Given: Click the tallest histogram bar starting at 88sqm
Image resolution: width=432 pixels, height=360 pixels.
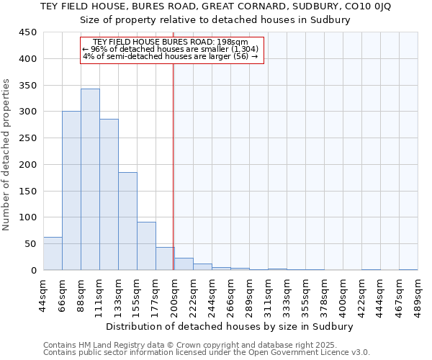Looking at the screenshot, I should point(90,179).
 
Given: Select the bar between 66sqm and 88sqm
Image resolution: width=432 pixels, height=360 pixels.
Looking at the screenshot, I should point(71,191).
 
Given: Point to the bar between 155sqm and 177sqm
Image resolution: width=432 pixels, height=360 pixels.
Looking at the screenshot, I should point(146,246).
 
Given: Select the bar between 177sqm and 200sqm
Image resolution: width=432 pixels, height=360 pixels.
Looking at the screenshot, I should point(165,258).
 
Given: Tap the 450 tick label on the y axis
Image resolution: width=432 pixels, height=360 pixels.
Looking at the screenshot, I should point(27,32).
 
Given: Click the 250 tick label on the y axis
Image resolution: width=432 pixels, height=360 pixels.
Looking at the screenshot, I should point(27,138).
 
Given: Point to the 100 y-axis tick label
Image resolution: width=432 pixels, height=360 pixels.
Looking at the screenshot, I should point(27,217).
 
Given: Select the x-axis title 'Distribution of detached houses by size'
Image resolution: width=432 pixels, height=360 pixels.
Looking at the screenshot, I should point(230,326).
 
